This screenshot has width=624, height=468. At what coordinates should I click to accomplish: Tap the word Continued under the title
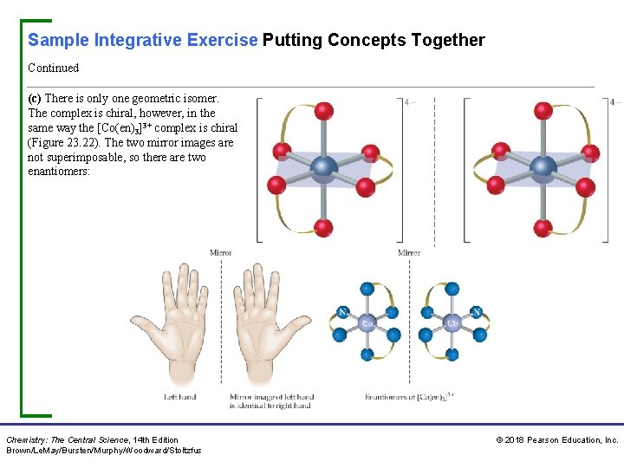click(53, 68)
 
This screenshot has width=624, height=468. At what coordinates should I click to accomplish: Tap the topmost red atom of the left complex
click(324, 111)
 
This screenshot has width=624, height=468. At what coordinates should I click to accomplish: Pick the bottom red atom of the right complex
click(543, 229)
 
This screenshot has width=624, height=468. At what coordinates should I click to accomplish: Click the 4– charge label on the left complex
click(410, 102)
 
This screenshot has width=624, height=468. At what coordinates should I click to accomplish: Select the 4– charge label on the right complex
click(616, 102)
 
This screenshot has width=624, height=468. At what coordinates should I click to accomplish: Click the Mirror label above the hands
click(221, 253)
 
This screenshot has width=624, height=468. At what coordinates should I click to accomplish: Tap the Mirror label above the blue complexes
click(409, 253)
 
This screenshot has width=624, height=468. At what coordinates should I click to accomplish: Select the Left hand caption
click(180, 397)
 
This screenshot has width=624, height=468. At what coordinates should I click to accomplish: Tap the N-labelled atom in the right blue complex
click(477, 312)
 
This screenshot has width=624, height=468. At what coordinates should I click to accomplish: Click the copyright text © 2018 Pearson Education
click(557, 440)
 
